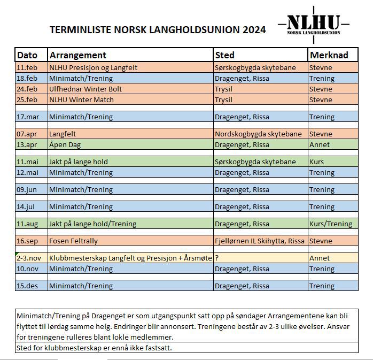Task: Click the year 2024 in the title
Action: pyautogui.click(x=254, y=30)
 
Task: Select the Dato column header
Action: pyautogui.click(x=27, y=55)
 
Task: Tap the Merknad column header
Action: pyautogui.click(x=329, y=55)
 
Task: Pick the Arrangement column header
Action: pyautogui.click(x=77, y=55)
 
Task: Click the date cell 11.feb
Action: pyautogui.click(x=27, y=68)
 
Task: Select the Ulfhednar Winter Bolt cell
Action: pyautogui.click(x=86, y=89)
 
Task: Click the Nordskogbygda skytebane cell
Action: pyautogui.click(x=258, y=134)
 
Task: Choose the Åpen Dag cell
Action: pyautogui.click(x=65, y=145)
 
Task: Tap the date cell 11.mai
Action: pyautogui.click(x=27, y=162)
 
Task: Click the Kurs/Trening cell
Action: pyautogui.click(x=331, y=224)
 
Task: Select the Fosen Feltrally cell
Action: pyautogui.click(x=73, y=241)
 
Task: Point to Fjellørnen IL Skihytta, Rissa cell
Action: pyautogui.click(x=259, y=241)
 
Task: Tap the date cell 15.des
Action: pyautogui.click(x=27, y=286)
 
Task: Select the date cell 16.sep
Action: pyautogui.click(x=27, y=241)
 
